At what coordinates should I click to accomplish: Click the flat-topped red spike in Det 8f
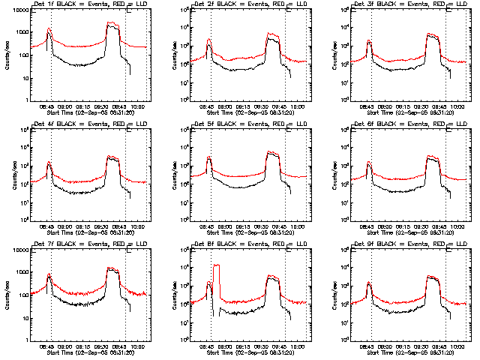[217, 265]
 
